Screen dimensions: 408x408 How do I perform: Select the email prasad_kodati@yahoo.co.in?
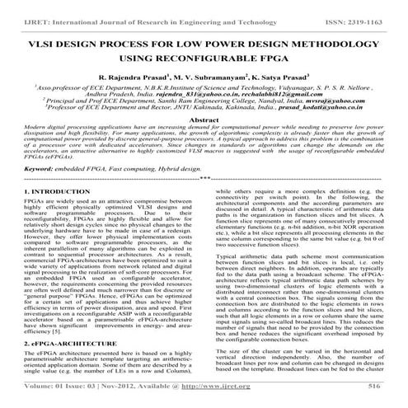point(311,110)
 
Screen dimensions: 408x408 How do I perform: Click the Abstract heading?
point(204,122)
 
